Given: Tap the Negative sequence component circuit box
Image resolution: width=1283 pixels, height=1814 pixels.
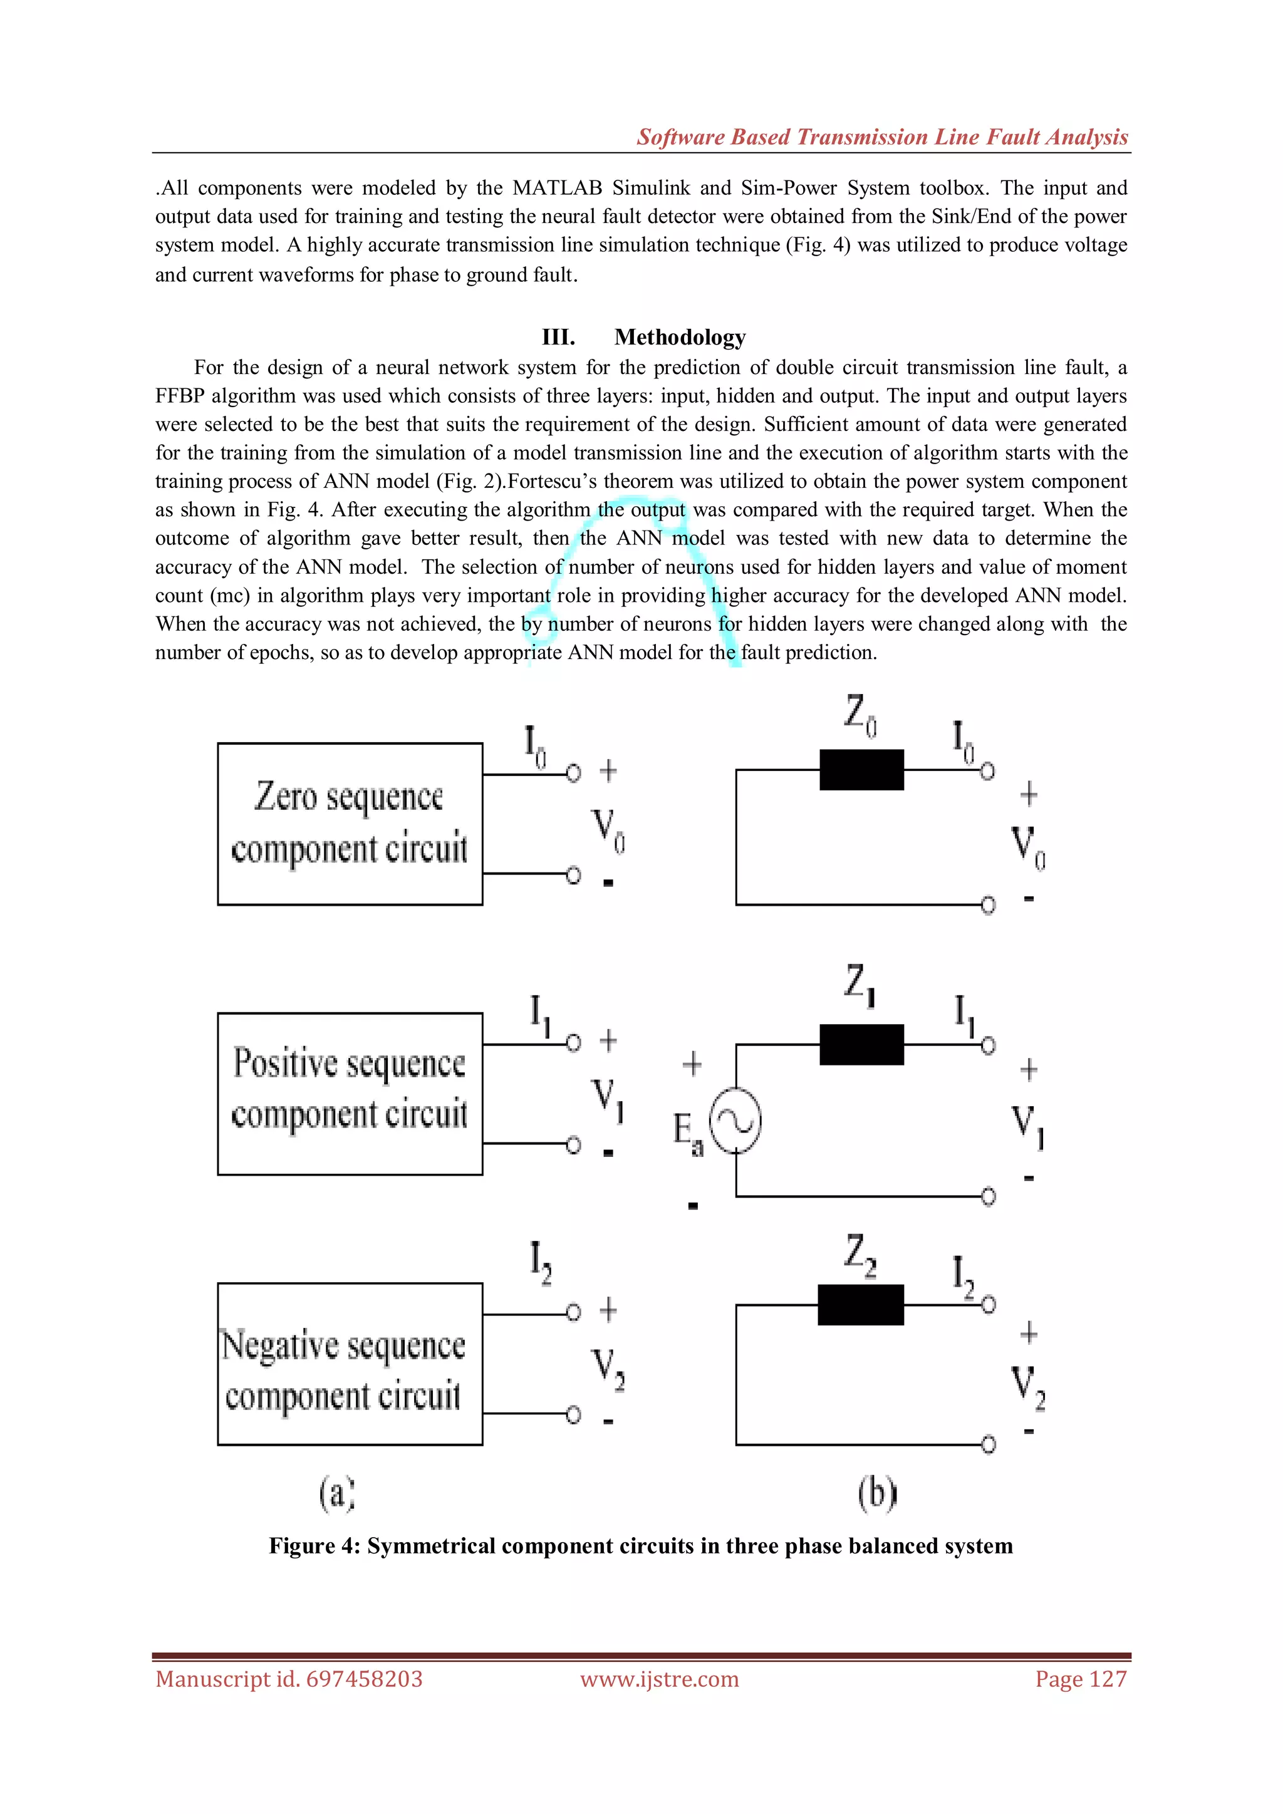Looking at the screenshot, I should pyautogui.click(x=350, y=1363).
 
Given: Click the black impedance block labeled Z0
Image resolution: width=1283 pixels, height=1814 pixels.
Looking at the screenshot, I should pyautogui.click(x=861, y=770).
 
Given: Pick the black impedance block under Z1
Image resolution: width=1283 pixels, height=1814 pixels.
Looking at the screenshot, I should pyautogui.click(x=861, y=1044).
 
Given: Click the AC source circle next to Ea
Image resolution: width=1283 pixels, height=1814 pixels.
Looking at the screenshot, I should pyautogui.click(x=735, y=1121).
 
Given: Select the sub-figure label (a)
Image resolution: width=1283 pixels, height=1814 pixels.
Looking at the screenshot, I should pyautogui.click(x=337, y=1493).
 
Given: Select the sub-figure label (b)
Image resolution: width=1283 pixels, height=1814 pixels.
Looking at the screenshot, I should pyautogui.click(x=878, y=1493).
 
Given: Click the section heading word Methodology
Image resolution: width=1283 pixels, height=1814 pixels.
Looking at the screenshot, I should pyautogui.click(x=680, y=338).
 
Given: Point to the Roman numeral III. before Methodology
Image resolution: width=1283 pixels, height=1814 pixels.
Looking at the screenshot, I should pyautogui.click(x=558, y=338).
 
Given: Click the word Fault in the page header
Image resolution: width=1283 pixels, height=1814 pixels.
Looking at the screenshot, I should pyautogui.click(x=1014, y=137).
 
